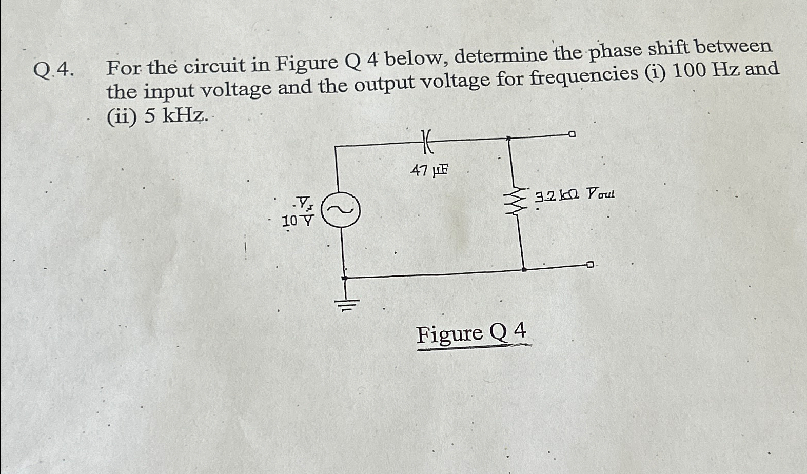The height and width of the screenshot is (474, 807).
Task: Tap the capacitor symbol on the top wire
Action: [x=427, y=141]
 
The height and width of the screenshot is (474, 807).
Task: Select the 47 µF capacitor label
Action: [x=429, y=170]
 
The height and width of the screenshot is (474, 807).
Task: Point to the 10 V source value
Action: [x=298, y=221]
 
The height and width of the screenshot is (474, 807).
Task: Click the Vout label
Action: [x=600, y=194]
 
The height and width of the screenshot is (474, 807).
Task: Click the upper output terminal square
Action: [x=572, y=134]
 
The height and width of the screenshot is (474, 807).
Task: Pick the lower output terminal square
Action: [x=590, y=265]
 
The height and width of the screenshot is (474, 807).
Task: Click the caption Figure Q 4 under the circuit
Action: [x=471, y=334]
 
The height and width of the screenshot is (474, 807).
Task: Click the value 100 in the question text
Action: [x=688, y=72]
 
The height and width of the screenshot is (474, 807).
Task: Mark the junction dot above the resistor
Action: [x=508, y=137]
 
